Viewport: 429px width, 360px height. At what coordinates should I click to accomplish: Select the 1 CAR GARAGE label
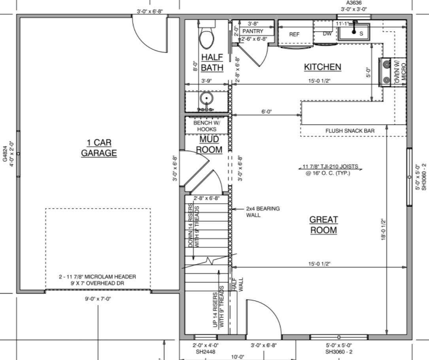click(99, 148)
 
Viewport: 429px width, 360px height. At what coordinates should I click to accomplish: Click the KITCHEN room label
click(323, 67)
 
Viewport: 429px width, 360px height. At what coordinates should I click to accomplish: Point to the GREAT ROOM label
click(323, 225)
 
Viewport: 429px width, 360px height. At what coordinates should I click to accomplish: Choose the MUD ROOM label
click(209, 144)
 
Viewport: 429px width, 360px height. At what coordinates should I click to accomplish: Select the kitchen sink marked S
click(354, 32)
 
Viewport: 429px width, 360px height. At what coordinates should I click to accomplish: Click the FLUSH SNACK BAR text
click(350, 131)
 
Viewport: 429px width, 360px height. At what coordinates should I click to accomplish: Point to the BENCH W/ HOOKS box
click(206, 126)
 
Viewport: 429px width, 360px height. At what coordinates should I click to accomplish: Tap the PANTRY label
click(253, 31)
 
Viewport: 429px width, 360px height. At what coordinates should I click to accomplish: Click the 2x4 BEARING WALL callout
click(263, 212)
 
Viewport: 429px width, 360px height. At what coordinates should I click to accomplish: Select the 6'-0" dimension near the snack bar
click(266, 112)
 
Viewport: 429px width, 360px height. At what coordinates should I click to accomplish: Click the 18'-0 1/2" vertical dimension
click(384, 229)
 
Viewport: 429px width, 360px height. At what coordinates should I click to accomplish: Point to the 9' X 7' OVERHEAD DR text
click(97, 283)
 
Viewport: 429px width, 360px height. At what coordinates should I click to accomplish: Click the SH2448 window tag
click(205, 352)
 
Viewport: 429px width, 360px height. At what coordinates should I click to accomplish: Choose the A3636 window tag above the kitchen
click(354, 3)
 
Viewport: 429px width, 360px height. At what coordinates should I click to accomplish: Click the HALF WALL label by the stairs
click(238, 285)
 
